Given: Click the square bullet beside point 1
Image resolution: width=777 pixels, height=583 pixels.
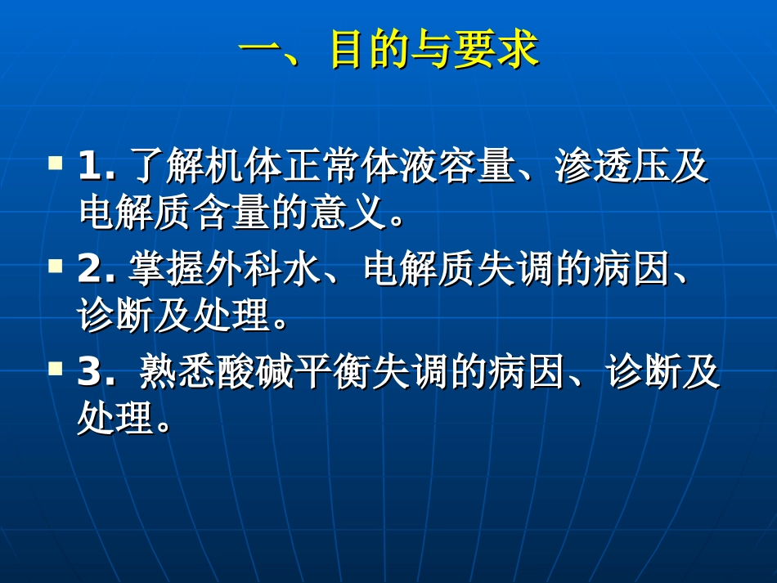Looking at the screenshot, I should (56, 163).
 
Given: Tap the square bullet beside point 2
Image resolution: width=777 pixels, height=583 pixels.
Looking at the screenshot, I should (56, 266).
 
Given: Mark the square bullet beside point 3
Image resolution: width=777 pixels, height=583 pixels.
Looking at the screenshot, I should (56, 369).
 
